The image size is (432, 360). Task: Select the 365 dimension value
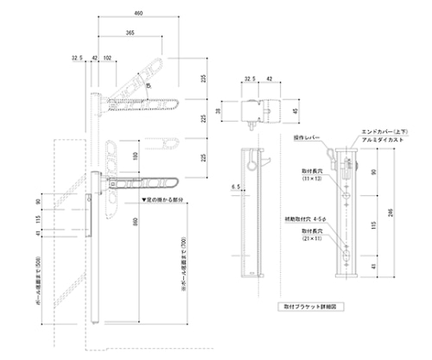(129, 32)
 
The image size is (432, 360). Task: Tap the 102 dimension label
(107, 59)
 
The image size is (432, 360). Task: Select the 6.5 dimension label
(235, 186)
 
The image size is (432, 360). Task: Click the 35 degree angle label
(148, 85)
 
